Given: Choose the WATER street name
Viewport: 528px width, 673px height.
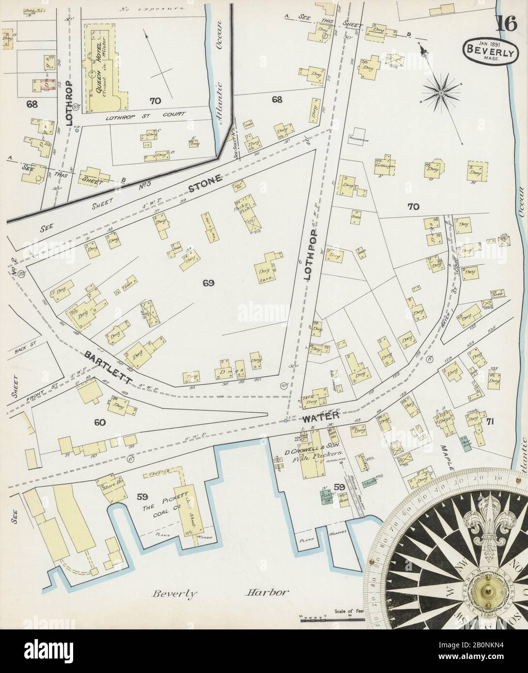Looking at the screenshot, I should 318,418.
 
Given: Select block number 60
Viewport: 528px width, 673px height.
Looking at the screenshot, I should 100,422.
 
